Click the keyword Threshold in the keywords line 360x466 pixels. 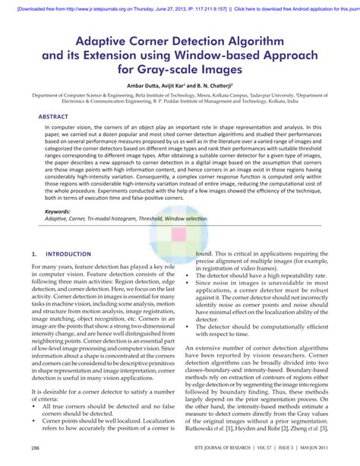(163, 218)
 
